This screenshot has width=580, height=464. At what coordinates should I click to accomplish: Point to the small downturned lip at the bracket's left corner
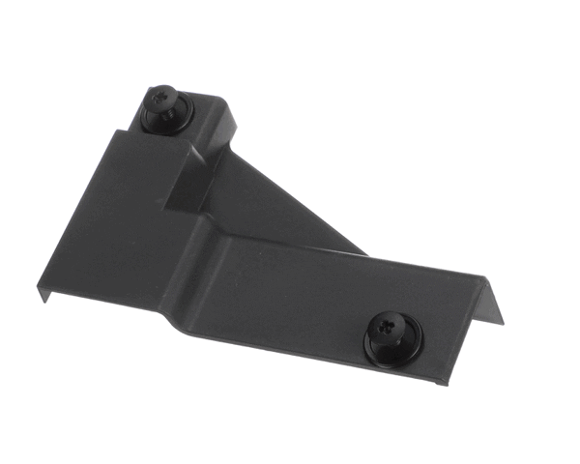pos(43,292)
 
